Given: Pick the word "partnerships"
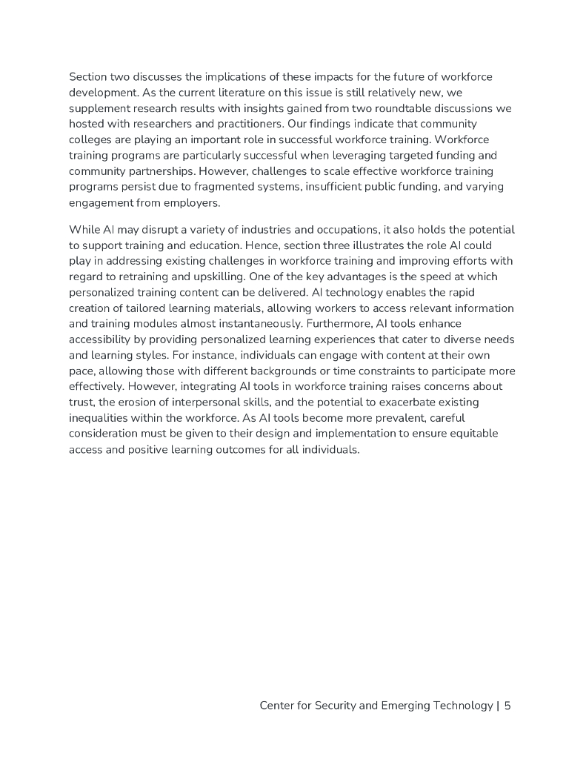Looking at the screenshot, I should pos(149,170).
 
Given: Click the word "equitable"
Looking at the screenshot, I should pos(452,433).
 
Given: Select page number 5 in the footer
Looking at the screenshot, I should pos(507,706).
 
